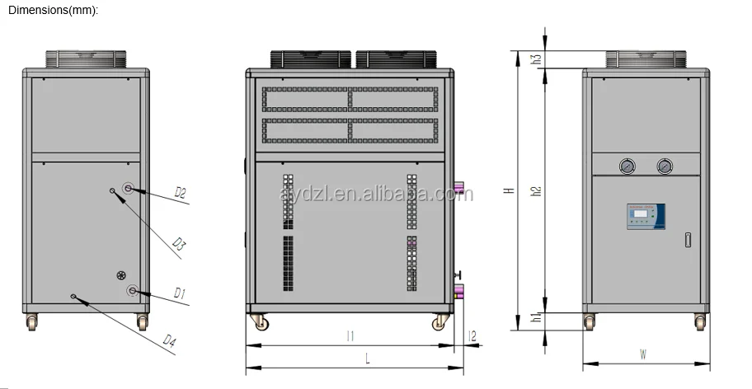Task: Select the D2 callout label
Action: click(180, 193)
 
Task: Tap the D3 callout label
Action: click(179, 243)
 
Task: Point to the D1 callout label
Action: click(179, 293)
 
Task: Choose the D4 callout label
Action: click(170, 340)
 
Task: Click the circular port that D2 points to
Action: click(129, 189)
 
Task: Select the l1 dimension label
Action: click(350, 335)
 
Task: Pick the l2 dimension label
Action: click(472, 335)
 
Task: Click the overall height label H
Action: click(509, 190)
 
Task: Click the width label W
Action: click(643, 354)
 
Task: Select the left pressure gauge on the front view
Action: click(628, 166)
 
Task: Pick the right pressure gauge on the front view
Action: click(664, 166)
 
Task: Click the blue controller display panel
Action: click(645, 216)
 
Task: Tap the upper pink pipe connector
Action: click(460, 190)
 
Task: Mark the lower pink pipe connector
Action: click(460, 289)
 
